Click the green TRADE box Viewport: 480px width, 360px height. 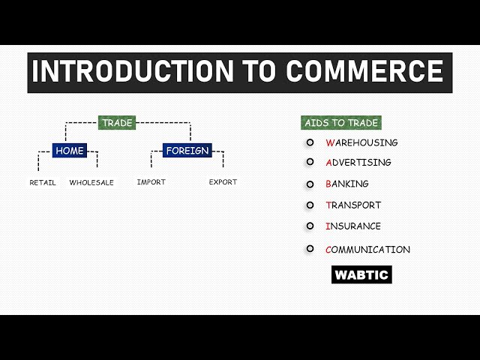coord(117,123)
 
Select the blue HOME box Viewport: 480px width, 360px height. coord(70,151)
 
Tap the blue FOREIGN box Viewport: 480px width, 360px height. coord(187,151)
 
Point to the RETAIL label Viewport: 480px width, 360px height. coord(43,182)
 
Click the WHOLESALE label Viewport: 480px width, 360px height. coord(91,182)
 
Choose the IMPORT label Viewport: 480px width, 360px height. coord(151,182)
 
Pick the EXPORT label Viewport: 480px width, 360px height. coord(223,182)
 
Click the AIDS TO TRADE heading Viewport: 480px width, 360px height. coord(341,123)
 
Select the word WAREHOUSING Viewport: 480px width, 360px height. coord(362,142)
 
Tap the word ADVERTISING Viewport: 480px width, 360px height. coord(358,162)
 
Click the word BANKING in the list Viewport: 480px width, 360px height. coord(347,184)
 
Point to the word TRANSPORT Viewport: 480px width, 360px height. coord(353,205)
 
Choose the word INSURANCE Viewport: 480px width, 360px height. coord(353,226)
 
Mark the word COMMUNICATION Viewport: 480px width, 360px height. coord(368,250)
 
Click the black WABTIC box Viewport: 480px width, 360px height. coord(361,274)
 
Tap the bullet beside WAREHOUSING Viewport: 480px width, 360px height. coord(310,142)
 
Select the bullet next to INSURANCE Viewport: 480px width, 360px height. coord(310,226)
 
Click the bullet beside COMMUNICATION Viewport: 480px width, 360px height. coord(310,249)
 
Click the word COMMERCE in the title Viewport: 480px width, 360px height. coord(364,71)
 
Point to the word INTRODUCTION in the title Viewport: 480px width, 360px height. coord(132,71)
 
